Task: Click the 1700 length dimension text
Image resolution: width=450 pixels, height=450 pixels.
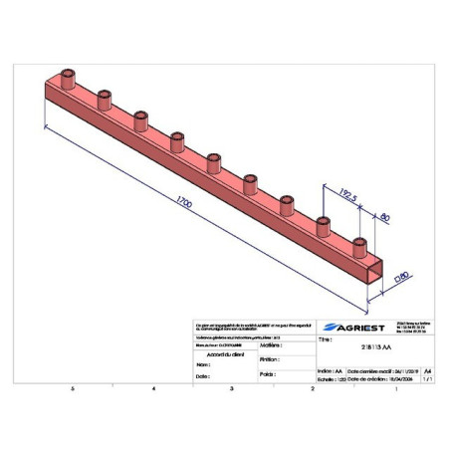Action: pyautogui.click(x=182, y=204)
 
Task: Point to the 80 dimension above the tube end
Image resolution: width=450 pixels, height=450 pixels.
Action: pyautogui.click(x=385, y=215)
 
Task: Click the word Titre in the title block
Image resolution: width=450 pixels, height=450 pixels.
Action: pyautogui.click(x=324, y=339)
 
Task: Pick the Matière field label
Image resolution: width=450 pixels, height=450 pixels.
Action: pyautogui.click(x=268, y=344)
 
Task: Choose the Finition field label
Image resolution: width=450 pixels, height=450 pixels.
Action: pyautogui.click(x=267, y=359)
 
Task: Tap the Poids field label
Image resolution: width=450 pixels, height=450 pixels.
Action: pyautogui.click(x=265, y=374)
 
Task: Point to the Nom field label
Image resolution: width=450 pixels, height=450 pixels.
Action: pyautogui.click(x=203, y=364)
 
